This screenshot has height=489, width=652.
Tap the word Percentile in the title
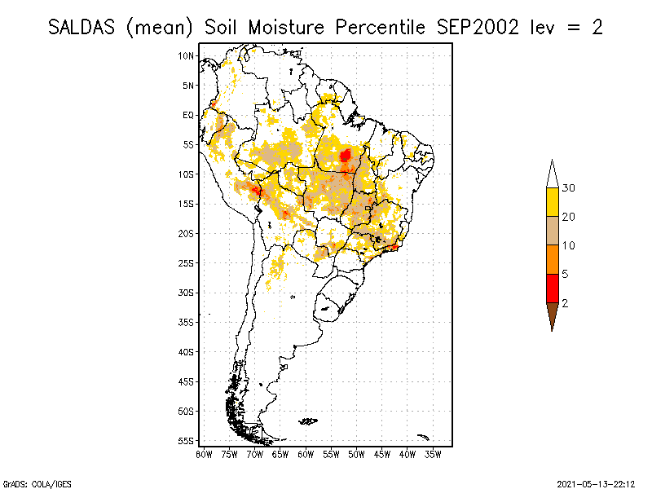[x=376, y=27]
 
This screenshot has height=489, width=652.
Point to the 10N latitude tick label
[x=187, y=55]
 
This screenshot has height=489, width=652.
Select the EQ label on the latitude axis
[x=188, y=115]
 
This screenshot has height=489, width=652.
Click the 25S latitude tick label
[x=187, y=262]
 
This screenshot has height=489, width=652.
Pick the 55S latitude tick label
[x=187, y=440]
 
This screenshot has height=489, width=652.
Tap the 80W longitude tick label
[x=204, y=453]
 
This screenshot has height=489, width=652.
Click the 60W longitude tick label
[x=306, y=453]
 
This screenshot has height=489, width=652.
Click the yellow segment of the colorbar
[x=552, y=202]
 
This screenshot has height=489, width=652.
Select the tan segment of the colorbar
[x=552, y=231]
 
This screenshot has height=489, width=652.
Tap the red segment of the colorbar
[x=552, y=288]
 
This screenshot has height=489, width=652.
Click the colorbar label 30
[x=569, y=188]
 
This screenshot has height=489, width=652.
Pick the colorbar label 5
[x=566, y=274]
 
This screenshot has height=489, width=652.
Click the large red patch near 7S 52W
[x=346, y=154]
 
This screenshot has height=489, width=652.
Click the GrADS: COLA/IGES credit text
[x=29, y=482]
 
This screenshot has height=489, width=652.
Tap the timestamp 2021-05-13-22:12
[x=596, y=482]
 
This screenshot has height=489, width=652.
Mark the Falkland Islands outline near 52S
[x=308, y=421]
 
